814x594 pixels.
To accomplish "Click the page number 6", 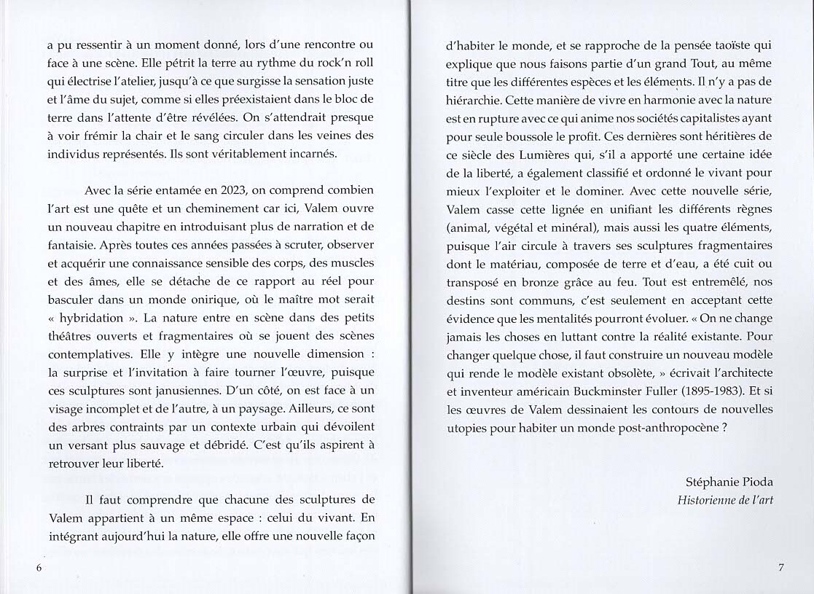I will pos(39,568).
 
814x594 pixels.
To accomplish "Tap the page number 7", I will pos(780,568).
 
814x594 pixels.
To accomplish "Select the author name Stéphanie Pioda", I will pos(729,482).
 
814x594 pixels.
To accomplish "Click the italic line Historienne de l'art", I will pos(725,500).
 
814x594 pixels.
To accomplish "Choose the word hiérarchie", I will pos(474,100).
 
